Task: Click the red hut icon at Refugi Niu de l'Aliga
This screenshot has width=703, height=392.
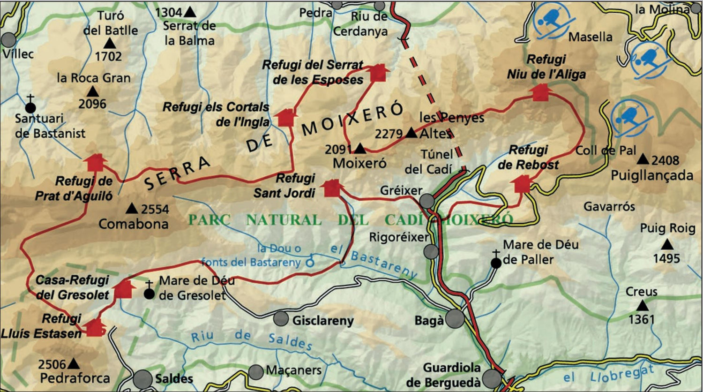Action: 540,92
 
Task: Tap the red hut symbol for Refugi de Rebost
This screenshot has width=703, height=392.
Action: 522,184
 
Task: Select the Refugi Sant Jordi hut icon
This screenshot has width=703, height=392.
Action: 332,188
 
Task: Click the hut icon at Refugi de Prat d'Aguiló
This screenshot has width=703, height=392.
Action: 95,162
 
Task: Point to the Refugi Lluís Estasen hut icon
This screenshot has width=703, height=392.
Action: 94,327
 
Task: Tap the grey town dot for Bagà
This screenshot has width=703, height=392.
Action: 455,319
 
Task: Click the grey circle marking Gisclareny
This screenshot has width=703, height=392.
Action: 281,319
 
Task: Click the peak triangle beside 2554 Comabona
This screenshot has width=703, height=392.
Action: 132,208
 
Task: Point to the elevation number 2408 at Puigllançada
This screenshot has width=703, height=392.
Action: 665,160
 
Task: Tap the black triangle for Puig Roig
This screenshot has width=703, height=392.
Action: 667,244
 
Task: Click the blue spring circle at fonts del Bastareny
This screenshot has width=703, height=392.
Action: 310,263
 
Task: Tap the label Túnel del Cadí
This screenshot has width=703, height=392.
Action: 428,162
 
